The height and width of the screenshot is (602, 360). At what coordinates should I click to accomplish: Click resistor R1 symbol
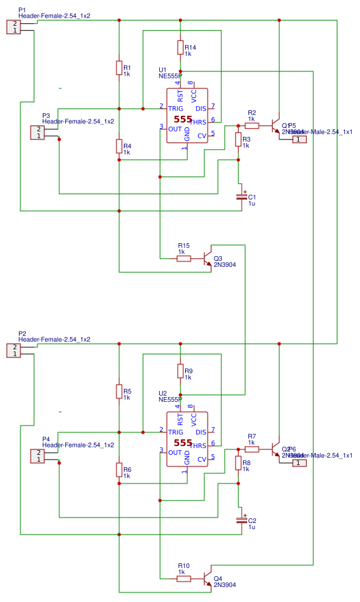tap(119, 68)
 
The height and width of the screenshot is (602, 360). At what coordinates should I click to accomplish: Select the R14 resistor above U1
tap(180, 47)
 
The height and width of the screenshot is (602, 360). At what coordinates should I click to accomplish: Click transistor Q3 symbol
tap(208, 259)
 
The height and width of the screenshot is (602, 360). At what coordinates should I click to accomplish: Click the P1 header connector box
tap(14, 27)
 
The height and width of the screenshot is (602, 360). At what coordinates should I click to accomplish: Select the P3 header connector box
tap(38, 133)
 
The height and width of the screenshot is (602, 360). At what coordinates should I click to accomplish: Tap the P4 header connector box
tap(38, 456)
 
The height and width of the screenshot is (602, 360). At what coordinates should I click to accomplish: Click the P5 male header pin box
tap(299, 140)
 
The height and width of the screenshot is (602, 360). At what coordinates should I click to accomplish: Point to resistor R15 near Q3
tap(184, 258)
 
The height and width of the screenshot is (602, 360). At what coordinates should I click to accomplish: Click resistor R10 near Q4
tap(184, 578)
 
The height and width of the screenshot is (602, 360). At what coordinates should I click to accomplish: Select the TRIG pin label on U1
tap(176, 108)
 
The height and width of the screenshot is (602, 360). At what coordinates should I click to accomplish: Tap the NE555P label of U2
tap(169, 400)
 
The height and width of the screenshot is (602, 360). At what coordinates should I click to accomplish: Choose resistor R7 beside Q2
tap(252, 449)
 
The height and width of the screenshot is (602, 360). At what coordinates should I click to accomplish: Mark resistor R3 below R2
tap(238, 140)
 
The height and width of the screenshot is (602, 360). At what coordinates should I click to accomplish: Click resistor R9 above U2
tap(180, 371)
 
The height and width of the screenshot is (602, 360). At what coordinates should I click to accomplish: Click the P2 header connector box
tap(14, 350)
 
